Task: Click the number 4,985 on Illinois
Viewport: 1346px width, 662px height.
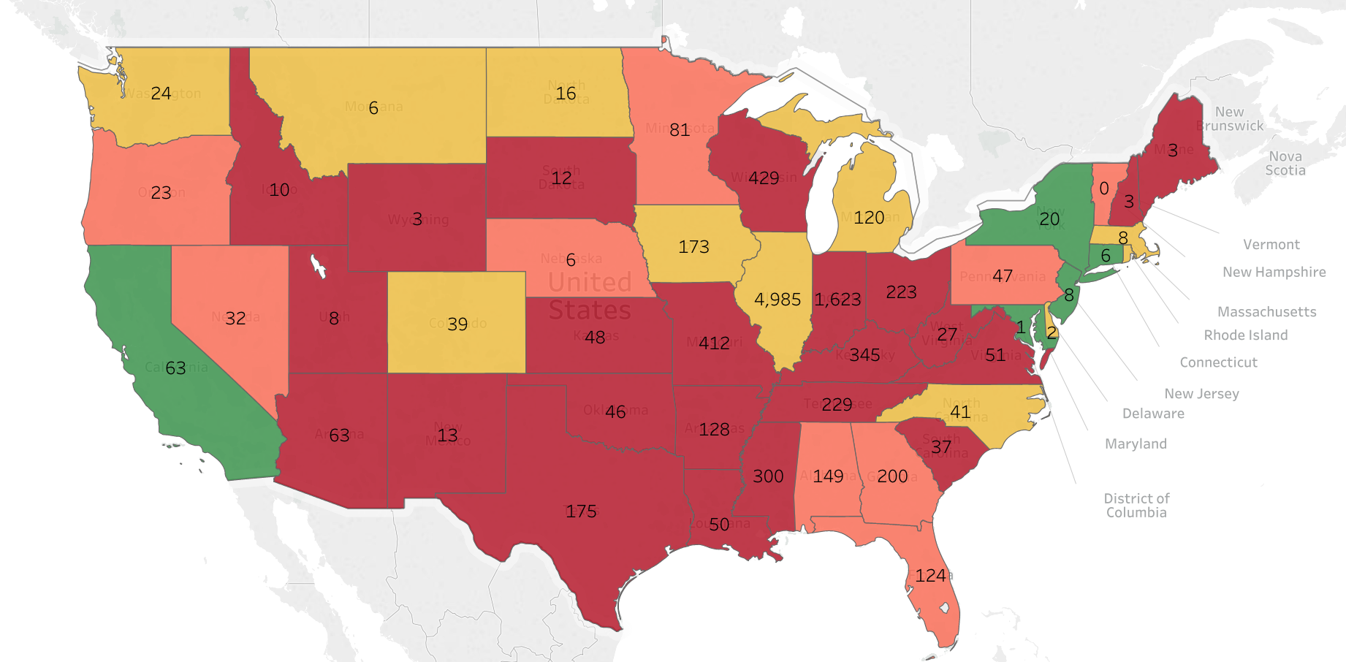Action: pyautogui.click(x=777, y=300)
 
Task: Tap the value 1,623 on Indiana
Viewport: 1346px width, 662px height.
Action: pyautogui.click(x=837, y=300)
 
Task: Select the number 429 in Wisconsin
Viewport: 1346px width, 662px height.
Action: pyautogui.click(x=764, y=178)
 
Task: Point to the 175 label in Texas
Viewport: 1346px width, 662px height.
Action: pyautogui.click(x=581, y=511)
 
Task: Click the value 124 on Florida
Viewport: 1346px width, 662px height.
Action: pyautogui.click(x=930, y=576)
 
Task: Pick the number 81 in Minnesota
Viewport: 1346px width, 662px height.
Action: pyautogui.click(x=680, y=130)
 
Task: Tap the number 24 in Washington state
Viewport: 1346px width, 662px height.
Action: pyautogui.click(x=161, y=94)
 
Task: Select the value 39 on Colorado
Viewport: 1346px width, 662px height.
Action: pyautogui.click(x=457, y=324)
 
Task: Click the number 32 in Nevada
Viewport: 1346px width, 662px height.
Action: pyautogui.click(x=235, y=319)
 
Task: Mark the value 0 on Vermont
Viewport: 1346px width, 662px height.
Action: pyautogui.click(x=1104, y=189)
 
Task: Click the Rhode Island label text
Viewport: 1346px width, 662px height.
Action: pyautogui.click(x=1246, y=335)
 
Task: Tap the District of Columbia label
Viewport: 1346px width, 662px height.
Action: pyautogui.click(x=1136, y=506)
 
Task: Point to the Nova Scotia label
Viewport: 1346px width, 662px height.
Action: pyautogui.click(x=1285, y=163)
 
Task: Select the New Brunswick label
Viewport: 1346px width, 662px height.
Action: pyautogui.click(x=1230, y=119)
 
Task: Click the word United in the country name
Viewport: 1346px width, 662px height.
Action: pyautogui.click(x=590, y=282)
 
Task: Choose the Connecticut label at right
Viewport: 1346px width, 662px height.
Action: pyautogui.click(x=1218, y=362)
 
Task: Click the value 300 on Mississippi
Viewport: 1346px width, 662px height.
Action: pyautogui.click(x=768, y=476)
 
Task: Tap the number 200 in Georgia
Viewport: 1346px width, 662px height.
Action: pyautogui.click(x=892, y=476)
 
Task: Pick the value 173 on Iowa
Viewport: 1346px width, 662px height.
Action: pyautogui.click(x=693, y=247)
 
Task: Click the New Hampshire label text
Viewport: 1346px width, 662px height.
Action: pyautogui.click(x=1274, y=272)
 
